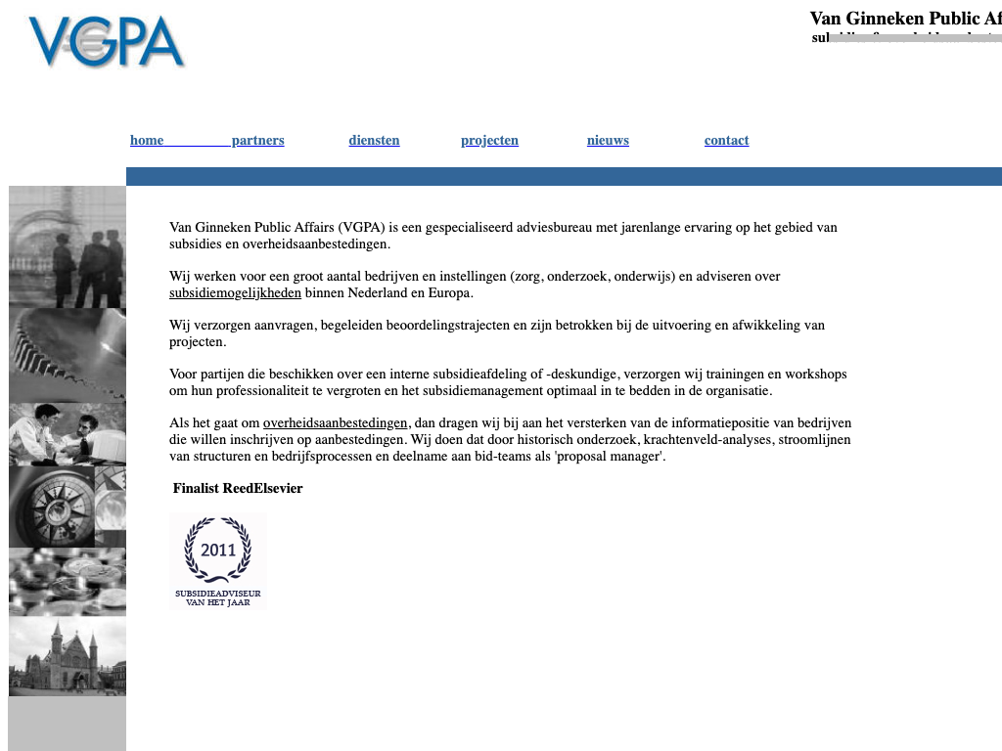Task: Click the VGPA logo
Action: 106,42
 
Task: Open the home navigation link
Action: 147,141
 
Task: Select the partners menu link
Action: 257,141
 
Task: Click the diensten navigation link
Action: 374,141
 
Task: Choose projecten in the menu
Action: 489,141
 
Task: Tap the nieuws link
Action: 608,141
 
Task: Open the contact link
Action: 726,141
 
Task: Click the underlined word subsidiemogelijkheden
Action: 235,293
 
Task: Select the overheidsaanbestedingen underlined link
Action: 335,423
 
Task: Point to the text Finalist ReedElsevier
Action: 238,489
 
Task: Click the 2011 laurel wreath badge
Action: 217,560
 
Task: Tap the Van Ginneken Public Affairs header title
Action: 905,19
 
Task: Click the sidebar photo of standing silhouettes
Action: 68,247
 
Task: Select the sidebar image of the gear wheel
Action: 68,355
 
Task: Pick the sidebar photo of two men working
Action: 68,434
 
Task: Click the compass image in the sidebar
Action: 68,507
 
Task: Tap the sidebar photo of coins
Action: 68,582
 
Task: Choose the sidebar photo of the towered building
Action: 68,656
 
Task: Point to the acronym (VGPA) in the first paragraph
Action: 361,228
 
